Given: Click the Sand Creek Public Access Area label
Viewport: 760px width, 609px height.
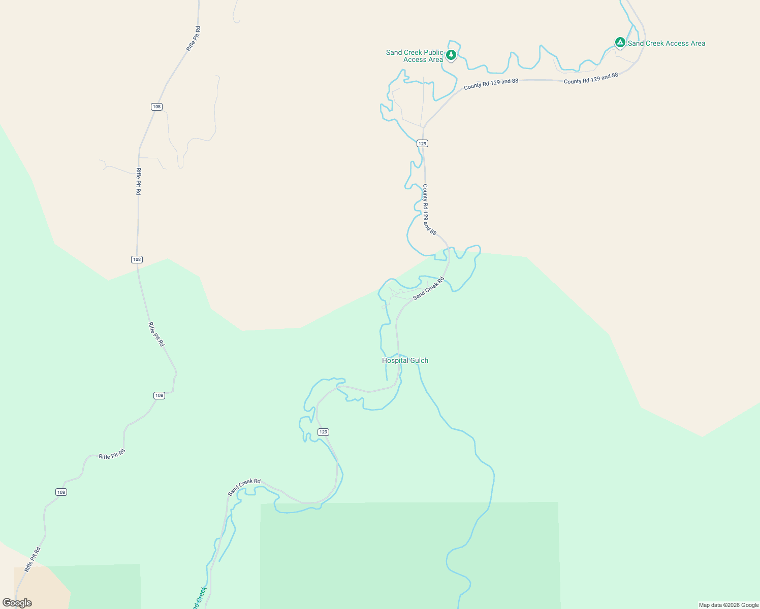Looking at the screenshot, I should point(415,56).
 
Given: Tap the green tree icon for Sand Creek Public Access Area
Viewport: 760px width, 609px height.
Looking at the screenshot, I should point(451,54).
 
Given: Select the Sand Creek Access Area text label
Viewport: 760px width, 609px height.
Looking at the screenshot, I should point(667,44).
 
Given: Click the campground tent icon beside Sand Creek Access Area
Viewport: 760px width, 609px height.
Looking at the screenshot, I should point(620,42).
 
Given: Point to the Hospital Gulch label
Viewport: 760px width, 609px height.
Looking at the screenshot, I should point(405,360).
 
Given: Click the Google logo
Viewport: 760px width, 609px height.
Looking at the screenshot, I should point(17,603).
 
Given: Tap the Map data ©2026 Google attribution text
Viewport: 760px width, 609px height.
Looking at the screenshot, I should point(729,605).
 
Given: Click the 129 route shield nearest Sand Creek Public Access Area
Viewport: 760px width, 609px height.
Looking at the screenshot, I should point(422,144).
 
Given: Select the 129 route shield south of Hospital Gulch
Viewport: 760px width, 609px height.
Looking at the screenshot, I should point(324,432).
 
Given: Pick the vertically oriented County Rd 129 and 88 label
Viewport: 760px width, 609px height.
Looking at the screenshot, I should point(429,209).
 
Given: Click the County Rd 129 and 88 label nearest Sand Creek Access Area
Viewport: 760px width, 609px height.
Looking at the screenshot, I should point(591,78).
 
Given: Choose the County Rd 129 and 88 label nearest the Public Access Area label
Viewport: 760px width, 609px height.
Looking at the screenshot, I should point(491,84).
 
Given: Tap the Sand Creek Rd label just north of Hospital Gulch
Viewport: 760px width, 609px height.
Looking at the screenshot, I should point(428,288).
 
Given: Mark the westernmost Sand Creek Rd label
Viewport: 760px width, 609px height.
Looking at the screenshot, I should point(244,487).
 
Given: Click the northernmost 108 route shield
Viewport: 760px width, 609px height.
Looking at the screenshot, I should point(156,107).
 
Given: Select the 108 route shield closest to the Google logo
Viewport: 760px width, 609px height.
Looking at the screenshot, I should point(61,492).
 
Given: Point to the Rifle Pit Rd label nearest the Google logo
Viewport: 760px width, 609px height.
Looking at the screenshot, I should point(33,559).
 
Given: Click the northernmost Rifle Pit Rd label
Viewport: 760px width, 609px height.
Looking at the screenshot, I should point(194,39).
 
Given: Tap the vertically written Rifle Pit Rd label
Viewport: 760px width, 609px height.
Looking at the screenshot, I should point(138,181).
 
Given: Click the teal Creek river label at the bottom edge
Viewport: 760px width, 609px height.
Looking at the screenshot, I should point(199,598).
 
